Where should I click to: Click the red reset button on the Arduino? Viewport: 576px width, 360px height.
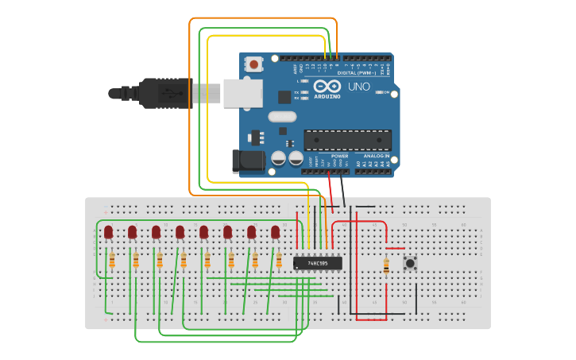(x=253, y=64)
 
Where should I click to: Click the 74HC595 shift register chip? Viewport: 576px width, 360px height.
(x=318, y=263)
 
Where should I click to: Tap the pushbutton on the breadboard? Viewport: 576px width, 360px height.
(x=410, y=263)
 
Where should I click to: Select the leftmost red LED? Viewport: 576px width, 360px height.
(x=108, y=232)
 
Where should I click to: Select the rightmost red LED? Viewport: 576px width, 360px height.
(x=275, y=232)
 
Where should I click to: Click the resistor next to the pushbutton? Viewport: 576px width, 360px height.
(x=386, y=266)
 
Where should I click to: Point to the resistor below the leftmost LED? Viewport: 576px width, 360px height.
(x=112, y=261)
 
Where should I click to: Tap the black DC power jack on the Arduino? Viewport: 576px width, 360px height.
(x=247, y=161)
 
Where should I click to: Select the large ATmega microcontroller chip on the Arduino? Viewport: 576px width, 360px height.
(x=347, y=141)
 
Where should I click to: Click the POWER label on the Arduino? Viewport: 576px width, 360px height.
(x=339, y=156)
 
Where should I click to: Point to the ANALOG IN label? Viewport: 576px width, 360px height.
(x=376, y=156)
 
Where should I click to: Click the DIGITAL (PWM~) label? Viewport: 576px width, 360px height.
(x=358, y=72)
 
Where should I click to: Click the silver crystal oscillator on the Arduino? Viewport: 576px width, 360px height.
(x=281, y=117)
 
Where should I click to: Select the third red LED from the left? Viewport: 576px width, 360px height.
(x=156, y=232)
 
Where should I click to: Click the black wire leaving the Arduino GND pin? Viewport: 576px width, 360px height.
(x=342, y=191)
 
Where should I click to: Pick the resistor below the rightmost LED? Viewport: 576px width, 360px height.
(x=279, y=261)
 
